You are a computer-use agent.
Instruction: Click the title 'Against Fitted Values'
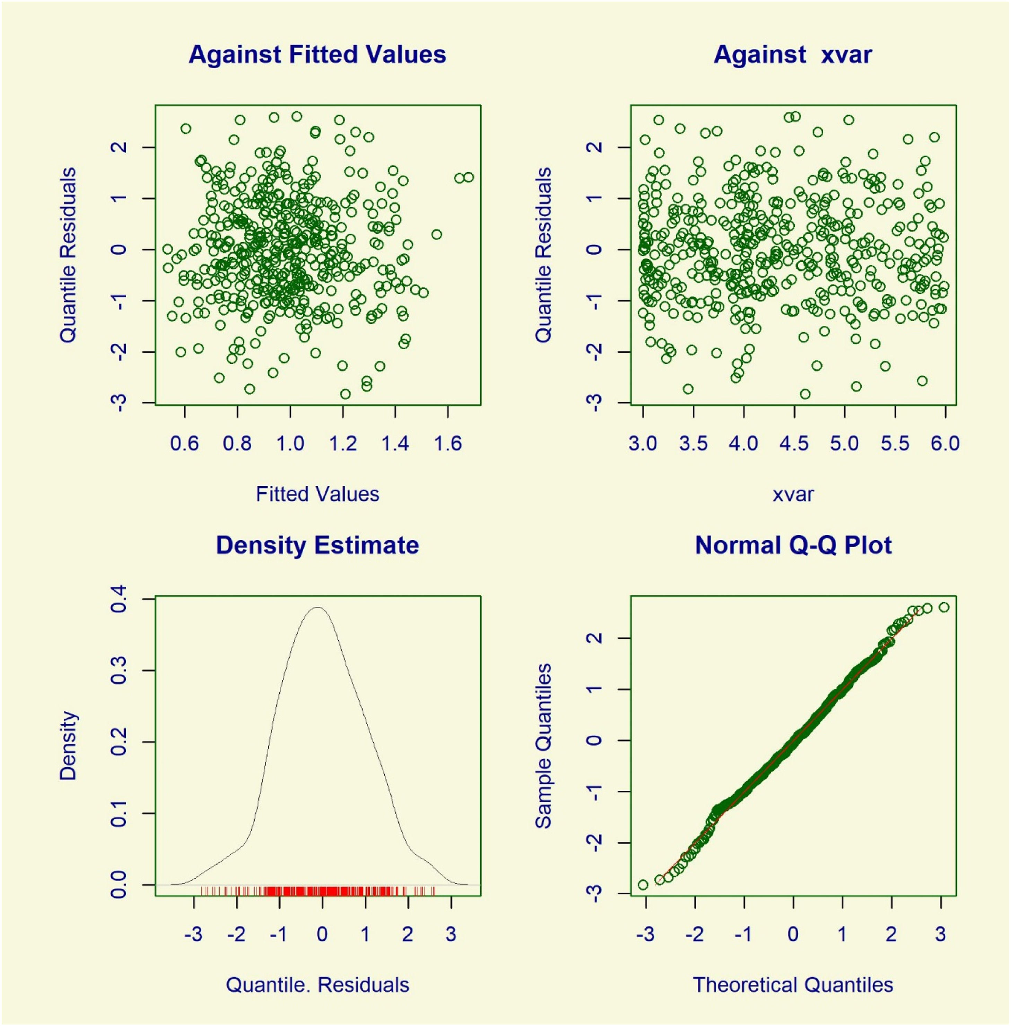pyautogui.click(x=317, y=55)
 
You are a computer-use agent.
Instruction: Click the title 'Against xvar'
pyautogui.click(x=793, y=55)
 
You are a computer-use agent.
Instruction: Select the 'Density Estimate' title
pyautogui.click(x=317, y=546)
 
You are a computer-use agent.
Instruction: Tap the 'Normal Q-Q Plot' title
pyautogui.click(x=793, y=546)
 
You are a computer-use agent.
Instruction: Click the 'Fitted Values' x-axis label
pyautogui.click(x=317, y=494)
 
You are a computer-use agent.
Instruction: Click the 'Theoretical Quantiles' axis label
pyautogui.click(x=793, y=985)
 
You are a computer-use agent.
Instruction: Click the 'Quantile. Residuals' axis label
pyautogui.click(x=317, y=985)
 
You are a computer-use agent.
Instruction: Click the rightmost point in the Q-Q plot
pyautogui.click(x=943, y=607)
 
